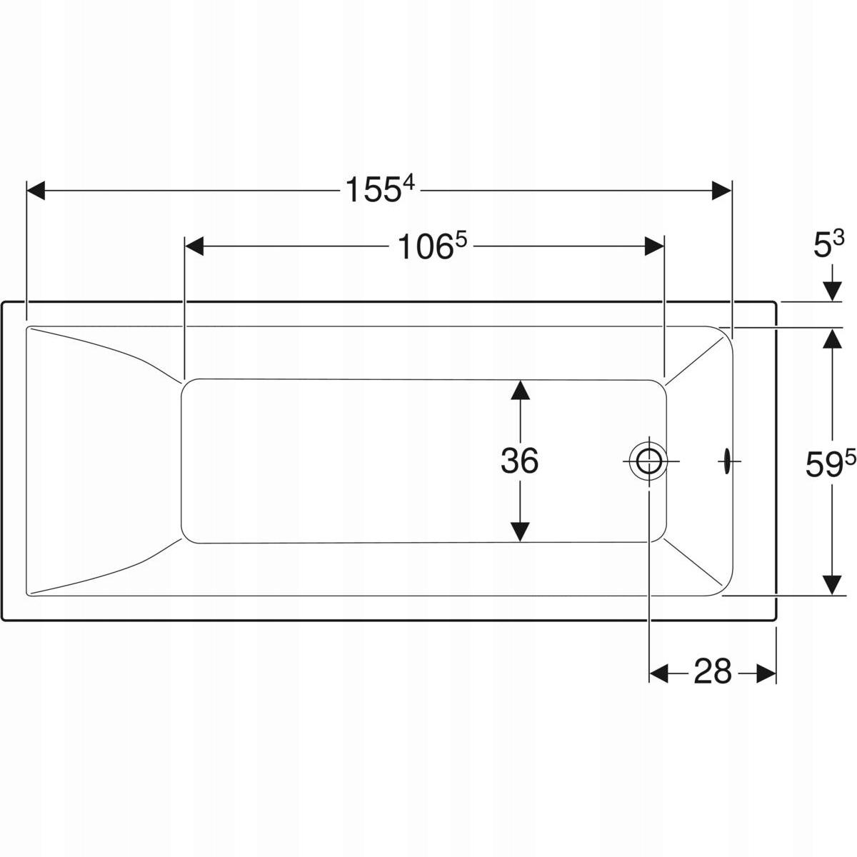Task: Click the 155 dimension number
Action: tap(372, 190)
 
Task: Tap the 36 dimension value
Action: tap(519, 461)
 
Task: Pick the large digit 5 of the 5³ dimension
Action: tap(822, 247)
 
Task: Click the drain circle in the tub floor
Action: tap(648, 461)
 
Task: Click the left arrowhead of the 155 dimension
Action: tap(36, 191)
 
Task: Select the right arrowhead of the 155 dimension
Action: tap(721, 191)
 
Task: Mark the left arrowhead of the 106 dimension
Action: tap(194, 246)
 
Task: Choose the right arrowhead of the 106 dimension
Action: tap(654, 246)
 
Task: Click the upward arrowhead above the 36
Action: tap(520, 390)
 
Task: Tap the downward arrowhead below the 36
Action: tap(520, 532)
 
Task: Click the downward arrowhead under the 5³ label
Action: tap(832, 292)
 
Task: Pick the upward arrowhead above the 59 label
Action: tap(832, 338)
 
